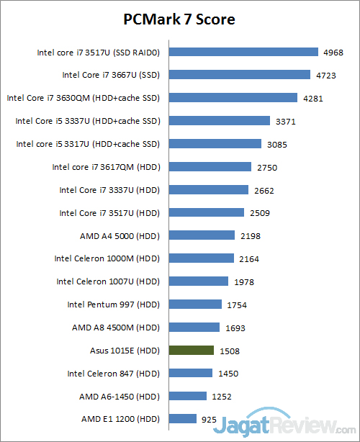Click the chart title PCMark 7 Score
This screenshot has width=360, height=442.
pyautogui.click(x=180, y=19)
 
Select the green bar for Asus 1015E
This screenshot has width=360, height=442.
pyautogui.click(x=191, y=351)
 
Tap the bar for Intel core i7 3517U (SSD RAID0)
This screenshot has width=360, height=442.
pyautogui.click(x=243, y=52)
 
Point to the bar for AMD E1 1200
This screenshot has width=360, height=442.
pyautogui.click(x=182, y=418)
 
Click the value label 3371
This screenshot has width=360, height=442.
pyautogui.click(x=286, y=121)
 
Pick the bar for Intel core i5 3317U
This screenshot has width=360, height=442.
pyautogui.click(x=215, y=144)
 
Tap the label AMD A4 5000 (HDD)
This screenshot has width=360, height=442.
pyautogui.click(x=120, y=235)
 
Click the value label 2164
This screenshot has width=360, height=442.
pyautogui.click(x=249, y=258)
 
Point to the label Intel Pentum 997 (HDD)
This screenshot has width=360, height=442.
pyautogui.click(x=113, y=305)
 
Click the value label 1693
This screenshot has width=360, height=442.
pyautogui.click(x=235, y=328)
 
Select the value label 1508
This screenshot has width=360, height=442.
pyautogui.click(x=229, y=351)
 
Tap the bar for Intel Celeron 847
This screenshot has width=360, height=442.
pyautogui.click(x=190, y=373)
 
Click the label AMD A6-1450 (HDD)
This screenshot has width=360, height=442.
pyautogui.click(x=119, y=397)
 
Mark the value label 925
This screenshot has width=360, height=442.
pyautogui.click(x=211, y=419)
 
